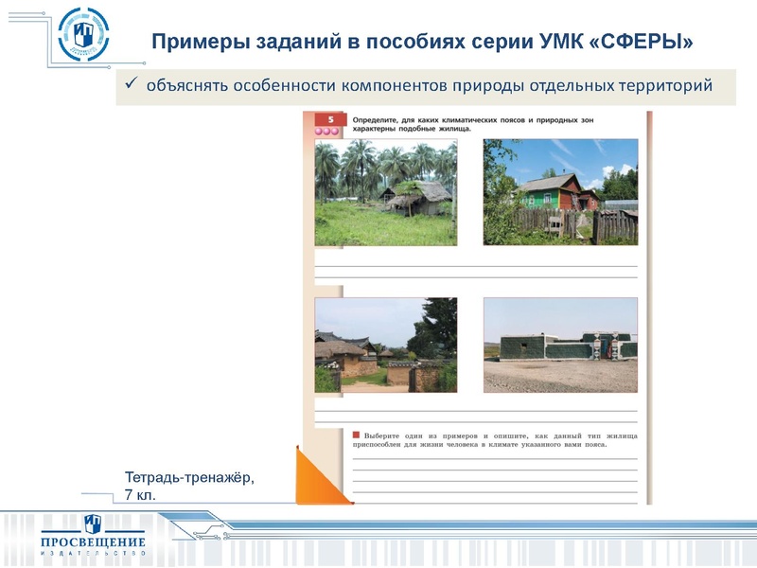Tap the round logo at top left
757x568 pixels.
click(x=83, y=35)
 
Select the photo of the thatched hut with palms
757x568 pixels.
click(x=385, y=193)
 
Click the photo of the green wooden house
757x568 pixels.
click(x=560, y=192)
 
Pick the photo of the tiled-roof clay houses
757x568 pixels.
click(x=385, y=345)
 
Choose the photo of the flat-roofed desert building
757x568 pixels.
click(x=560, y=345)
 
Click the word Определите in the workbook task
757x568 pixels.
click(x=379, y=121)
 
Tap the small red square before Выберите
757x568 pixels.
click(x=356, y=434)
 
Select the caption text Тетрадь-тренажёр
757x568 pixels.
click(x=189, y=478)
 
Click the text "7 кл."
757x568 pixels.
click(x=139, y=495)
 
